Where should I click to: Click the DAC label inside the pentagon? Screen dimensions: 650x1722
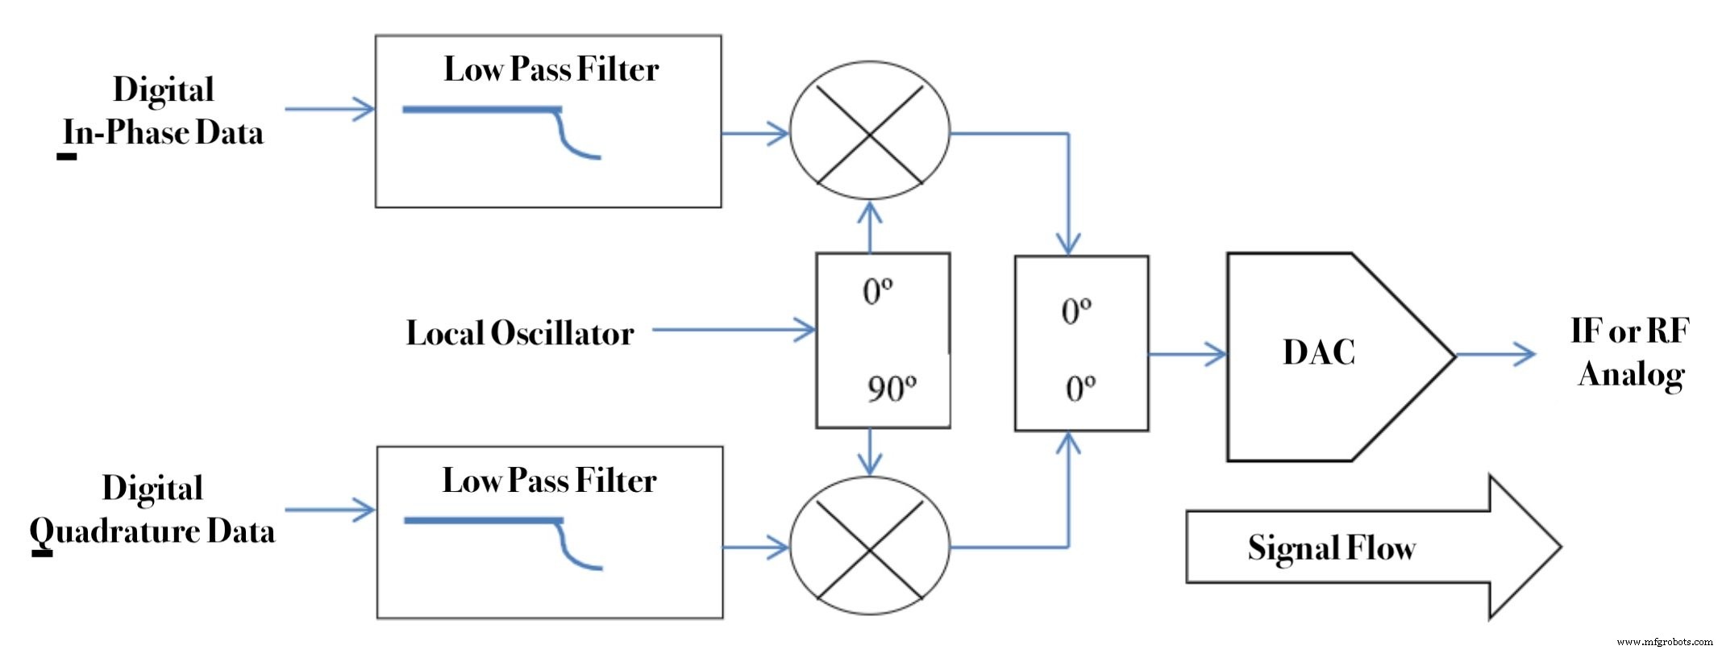[x=1318, y=352]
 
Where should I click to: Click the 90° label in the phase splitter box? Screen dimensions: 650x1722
[x=891, y=389]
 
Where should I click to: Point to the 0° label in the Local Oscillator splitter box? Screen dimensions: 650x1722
[x=877, y=291]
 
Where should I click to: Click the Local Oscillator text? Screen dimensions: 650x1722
[x=519, y=333]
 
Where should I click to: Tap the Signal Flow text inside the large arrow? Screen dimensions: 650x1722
[x=1331, y=548]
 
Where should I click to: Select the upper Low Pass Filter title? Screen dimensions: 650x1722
[x=551, y=69]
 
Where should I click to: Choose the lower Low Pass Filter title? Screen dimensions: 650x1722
[x=549, y=481]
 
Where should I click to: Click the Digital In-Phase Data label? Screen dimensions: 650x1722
[x=163, y=111]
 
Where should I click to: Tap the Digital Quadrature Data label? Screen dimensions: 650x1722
[x=152, y=510]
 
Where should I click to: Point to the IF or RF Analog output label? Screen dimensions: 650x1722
[x=1630, y=352]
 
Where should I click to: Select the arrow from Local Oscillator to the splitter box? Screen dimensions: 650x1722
[x=734, y=330]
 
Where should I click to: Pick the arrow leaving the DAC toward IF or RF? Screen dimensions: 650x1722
[x=1496, y=354]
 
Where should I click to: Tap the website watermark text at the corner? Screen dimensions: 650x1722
[x=1664, y=642]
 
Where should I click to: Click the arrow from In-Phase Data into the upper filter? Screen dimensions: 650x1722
[x=331, y=109]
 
